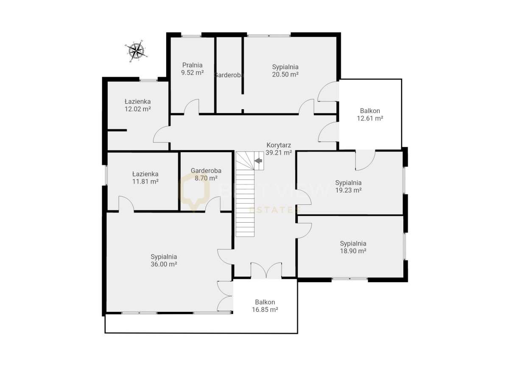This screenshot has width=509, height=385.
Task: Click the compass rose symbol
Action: click(x=136, y=51)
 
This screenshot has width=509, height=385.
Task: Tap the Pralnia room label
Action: click(x=192, y=65)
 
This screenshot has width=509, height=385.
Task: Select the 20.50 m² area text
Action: click(x=285, y=74)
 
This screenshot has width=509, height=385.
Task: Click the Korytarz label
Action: click(x=278, y=145)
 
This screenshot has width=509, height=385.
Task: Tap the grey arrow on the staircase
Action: click(x=258, y=161)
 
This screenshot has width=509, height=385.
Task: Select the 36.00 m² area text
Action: click(x=164, y=264)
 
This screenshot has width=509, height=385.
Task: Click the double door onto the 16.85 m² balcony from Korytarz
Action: click(x=266, y=271)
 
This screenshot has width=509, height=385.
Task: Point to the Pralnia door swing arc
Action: click(x=192, y=107)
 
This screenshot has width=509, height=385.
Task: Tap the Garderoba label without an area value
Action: click(x=229, y=75)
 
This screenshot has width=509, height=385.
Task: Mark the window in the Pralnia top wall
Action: click(x=191, y=35)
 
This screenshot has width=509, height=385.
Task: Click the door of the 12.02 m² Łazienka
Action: click(x=162, y=135)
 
